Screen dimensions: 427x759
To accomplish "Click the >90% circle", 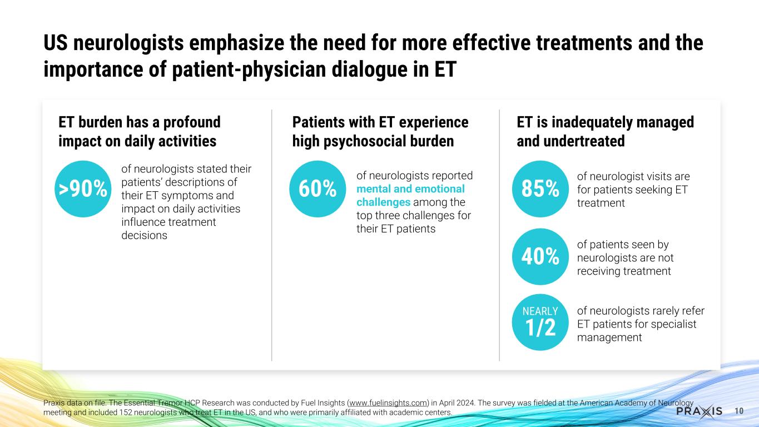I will (x=83, y=189).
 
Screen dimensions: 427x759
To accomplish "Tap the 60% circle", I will (x=318, y=189).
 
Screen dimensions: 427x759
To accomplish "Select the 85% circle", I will (x=539, y=189).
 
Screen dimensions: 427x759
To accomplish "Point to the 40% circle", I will (x=539, y=256).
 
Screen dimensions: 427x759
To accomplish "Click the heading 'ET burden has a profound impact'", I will (x=139, y=131).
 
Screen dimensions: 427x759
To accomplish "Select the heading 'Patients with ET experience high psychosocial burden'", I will (x=380, y=131).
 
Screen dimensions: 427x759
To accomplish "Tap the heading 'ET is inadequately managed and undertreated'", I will (x=605, y=131).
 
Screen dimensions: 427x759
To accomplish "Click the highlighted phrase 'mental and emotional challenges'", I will (x=410, y=195).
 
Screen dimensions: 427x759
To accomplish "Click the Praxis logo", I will (x=699, y=411).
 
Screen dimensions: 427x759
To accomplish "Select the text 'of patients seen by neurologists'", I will (x=622, y=251).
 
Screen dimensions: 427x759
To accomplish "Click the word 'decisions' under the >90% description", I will (x=144, y=235).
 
